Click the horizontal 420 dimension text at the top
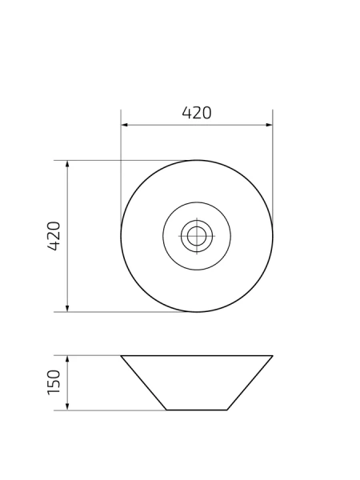pyautogui.click(x=197, y=113)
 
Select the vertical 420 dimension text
pyautogui.click(x=54, y=236)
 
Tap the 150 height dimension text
pyautogui.click(x=54, y=382)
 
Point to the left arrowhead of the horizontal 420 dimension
pyautogui.click(x=124, y=125)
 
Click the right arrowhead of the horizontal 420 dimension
pyautogui.click(x=270, y=125)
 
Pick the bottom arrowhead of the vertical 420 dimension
pyautogui.click(x=67, y=309)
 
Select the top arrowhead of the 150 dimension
pyautogui.click(x=67, y=358)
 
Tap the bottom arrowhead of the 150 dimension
pyautogui.click(x=67, y=407)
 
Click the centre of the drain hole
pyautogui.click(x=197, y=236)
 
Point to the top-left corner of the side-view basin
pyautogui.click(x=122, y=355)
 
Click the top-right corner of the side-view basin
pyautogui.click(x=273, y=355)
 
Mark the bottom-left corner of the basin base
pyautogui.click(x=166, y=410)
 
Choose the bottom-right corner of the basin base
pyautogui.click(x=227, y=410)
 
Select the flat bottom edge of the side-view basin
pyautogui.click(x=197, y=410)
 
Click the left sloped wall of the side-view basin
pyautogui.click(x=144, y=382)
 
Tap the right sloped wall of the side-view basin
pyautogui.click(x=250, y=382)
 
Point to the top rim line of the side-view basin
pyautogui.click(x=197, y=355)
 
